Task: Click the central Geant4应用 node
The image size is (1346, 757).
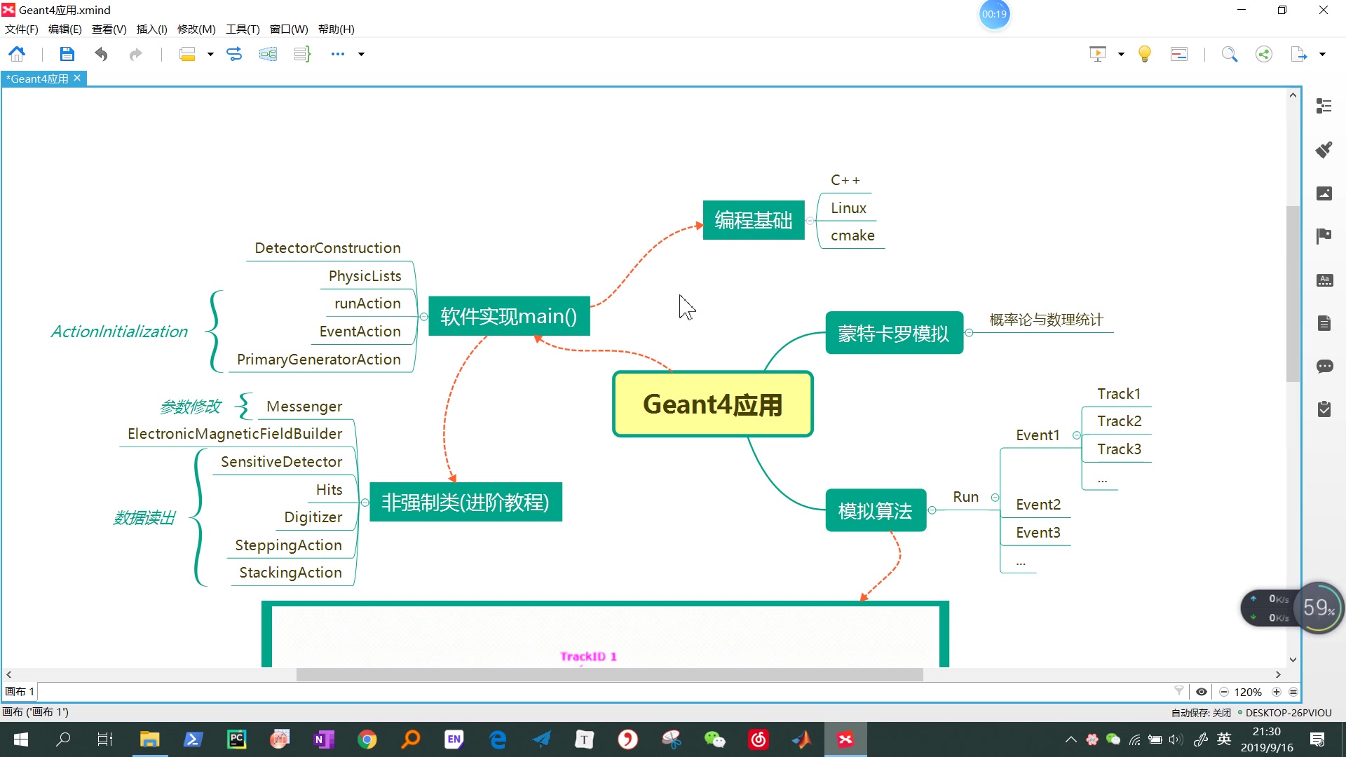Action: (x=712, y=404)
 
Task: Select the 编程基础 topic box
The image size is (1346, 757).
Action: (x=753, y=220)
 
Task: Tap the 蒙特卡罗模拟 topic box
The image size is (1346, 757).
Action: (x=893, y=333)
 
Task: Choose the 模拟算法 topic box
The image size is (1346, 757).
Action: (x=875, y=511)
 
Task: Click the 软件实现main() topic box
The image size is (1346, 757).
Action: (x=508, y=316)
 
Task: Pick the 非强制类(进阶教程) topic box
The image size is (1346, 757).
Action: (x=465, y=502)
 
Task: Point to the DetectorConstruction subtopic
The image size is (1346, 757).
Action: (x=327, y=248)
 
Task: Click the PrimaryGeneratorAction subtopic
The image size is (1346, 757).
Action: (x=318, y=360)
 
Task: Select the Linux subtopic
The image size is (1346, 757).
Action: (x=848, y=208)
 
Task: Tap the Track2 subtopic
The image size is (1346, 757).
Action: (x=1119, y=421)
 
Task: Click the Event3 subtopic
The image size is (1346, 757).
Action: (x=1038, y=533)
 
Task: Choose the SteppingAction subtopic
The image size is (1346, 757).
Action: (x=288, y=545)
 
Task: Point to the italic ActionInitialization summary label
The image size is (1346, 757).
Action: (x=119, y=332)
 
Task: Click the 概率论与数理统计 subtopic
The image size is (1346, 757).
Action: (x=1046, y=320)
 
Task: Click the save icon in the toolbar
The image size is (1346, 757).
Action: (x=67, y=54)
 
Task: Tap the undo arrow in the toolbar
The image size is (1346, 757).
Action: (x=102, y=54)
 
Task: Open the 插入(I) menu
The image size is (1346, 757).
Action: (x=151, y=29)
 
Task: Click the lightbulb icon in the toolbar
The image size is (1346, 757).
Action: (x=1144, y=54)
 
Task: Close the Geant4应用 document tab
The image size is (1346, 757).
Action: (x=77, y=79)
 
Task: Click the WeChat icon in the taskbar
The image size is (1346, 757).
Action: (x=714, y=739)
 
